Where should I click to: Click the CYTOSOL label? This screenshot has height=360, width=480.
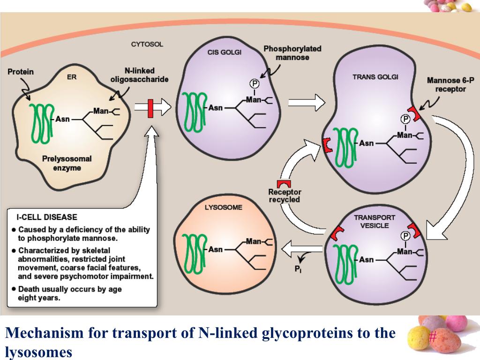147,44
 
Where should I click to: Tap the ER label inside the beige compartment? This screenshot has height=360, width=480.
71,77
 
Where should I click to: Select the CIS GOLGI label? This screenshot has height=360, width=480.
224,52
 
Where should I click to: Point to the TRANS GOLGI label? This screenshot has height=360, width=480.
375,77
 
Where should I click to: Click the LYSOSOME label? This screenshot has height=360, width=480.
224,208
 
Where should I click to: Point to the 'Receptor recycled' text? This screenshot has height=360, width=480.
285,195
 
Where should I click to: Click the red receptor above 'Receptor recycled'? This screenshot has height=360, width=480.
284,184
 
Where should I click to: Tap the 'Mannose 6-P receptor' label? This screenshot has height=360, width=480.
450,84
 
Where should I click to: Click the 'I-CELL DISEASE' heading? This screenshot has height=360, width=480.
47,217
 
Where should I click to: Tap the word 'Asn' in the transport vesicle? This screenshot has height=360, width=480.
366,259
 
